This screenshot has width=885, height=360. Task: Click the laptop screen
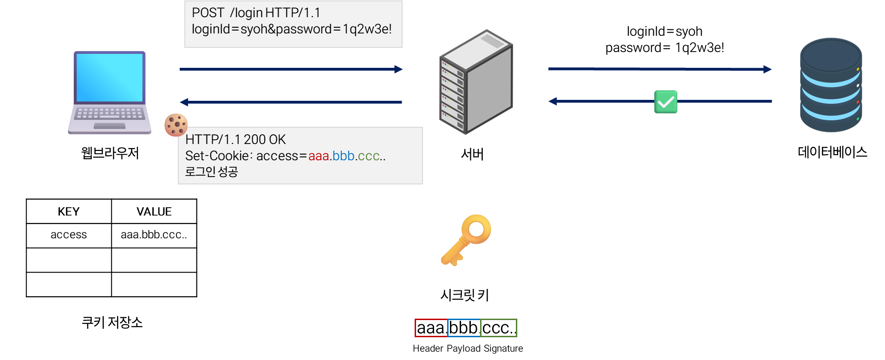click(x=110, y=77)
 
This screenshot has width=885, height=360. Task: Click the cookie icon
click(x=176, y=124)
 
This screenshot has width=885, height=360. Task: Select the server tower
click(x=475, y=82)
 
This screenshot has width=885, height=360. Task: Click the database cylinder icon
click(x=831, y=85)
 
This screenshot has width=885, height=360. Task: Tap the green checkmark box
click(x=665, y=102)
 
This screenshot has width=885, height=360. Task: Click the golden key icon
click(x=466, y=239)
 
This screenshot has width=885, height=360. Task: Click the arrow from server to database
click(x=659, y=69)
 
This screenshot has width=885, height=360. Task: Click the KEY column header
click(x=69, y=212)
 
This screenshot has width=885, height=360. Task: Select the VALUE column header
click(x=154, y=212)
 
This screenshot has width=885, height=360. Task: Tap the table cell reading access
click(x=69, y=235)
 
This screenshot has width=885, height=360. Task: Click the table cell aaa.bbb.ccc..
click(x=154, y=235)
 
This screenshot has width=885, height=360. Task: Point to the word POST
click(x=208, y=13)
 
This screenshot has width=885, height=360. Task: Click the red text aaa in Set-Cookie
click(x=319, y=156)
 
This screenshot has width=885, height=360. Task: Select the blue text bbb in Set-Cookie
click(x=344, y=156)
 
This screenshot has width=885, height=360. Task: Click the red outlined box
click(x=431, y=328)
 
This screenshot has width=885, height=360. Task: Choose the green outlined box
click(x=499, y=328)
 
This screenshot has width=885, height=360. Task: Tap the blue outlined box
click(x=464, y=328)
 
